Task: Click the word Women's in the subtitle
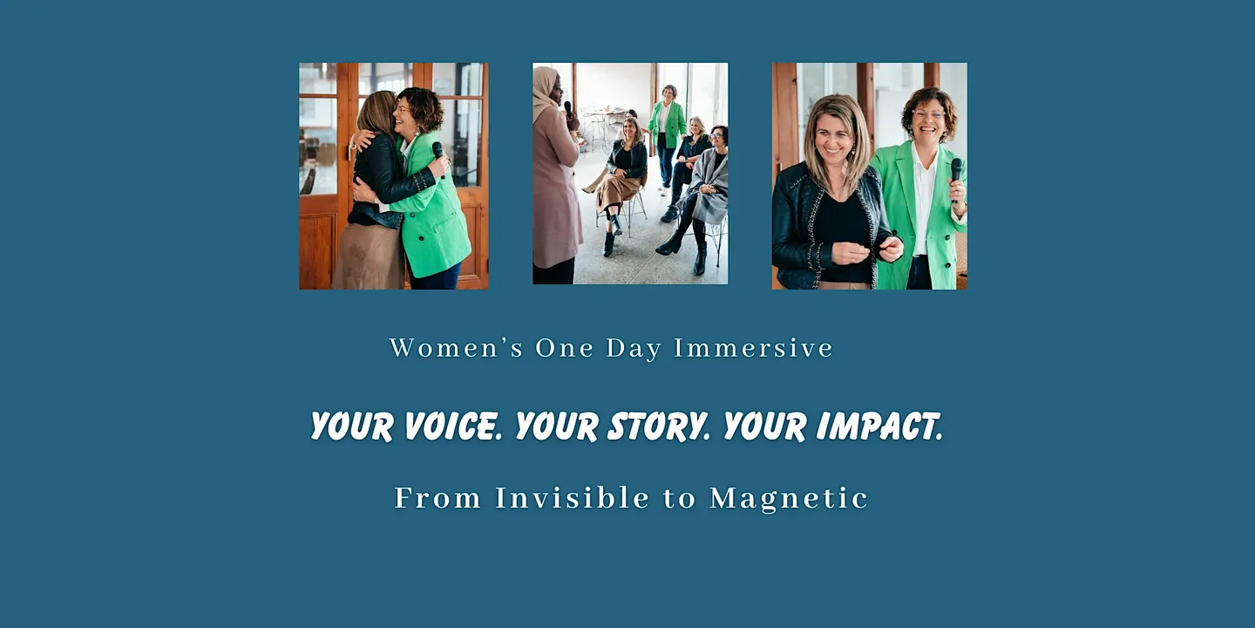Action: coord(456,348)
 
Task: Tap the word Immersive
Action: coord(754,348)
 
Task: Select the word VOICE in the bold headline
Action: coord(452,427)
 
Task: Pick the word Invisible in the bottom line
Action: coord(572,498)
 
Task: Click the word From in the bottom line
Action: coord(438,498)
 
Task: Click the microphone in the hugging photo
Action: coord(438,157)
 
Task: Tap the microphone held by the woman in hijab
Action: coord(568,109)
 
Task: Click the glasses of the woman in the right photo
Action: coord(929,115)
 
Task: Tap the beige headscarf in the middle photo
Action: coord(545,90)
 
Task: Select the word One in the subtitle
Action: coord(564,348)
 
